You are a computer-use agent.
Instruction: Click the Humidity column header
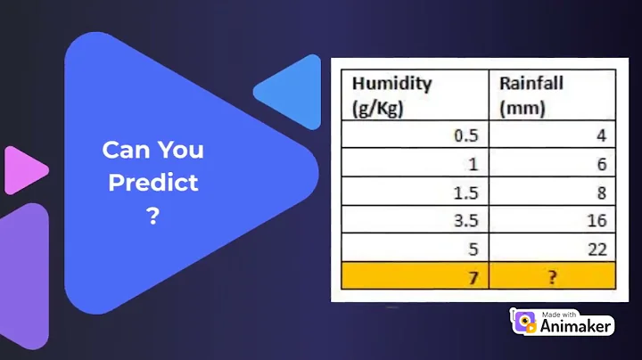coord(392,94)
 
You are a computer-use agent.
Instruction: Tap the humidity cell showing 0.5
coord(468,135)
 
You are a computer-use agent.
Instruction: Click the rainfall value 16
coord(597,220)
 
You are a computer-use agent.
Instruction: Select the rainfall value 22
coord(597,249)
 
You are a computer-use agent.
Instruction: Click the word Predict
coord(152,183)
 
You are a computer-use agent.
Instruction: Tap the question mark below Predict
coord(152,216)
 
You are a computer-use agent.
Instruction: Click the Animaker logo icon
coord(524,322)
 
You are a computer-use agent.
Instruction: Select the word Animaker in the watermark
coord(577,326)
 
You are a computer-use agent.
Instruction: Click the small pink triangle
coord(24,169)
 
